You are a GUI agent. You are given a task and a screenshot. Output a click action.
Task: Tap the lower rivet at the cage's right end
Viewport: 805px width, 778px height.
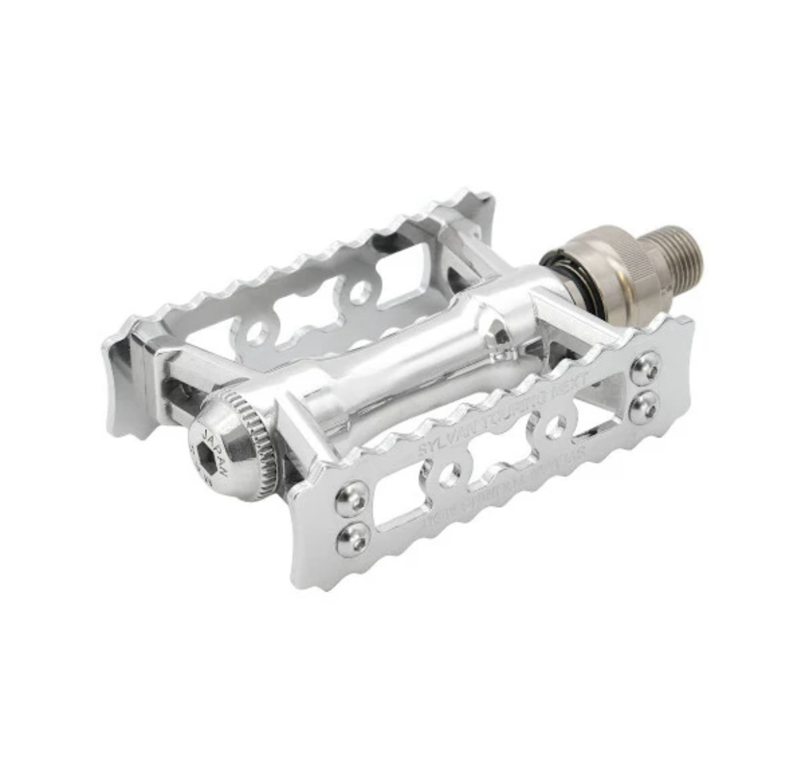tap(645, 402)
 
